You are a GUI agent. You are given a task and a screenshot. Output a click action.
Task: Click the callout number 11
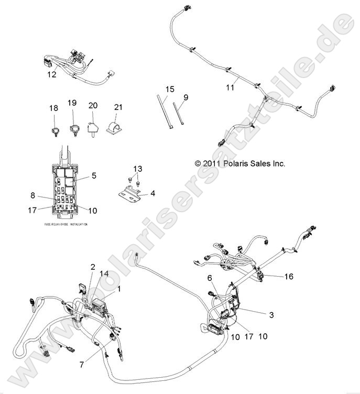(231, 88)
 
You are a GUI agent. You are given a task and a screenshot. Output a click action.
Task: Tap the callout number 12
(51, 75)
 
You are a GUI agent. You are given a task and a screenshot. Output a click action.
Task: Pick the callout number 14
(104, 274)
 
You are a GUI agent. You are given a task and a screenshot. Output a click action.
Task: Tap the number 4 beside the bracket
(152, 193)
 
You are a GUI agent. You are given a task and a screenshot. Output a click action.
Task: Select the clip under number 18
(54, 127)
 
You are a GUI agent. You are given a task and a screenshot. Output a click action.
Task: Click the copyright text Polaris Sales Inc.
(239, 163)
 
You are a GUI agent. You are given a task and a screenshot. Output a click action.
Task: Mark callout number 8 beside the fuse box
(32, 195)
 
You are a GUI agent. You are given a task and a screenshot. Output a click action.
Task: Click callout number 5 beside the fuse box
(94, 176)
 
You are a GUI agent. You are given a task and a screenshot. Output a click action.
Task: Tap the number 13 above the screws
(137, 169)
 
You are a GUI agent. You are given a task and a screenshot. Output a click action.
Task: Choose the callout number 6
(210, 278)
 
